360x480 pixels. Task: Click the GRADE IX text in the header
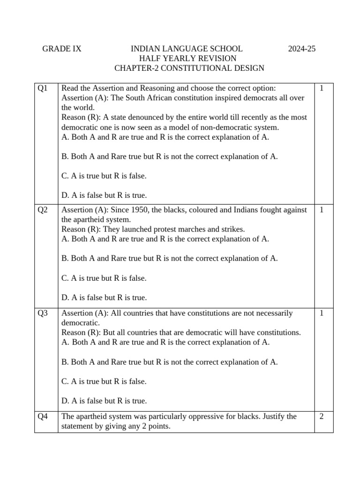61,49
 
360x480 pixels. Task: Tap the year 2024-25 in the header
301,49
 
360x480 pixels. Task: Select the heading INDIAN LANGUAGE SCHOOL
186,49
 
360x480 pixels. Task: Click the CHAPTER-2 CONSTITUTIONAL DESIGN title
189,68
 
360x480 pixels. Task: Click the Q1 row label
43,88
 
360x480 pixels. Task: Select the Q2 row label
43,210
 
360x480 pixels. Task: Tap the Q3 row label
43,313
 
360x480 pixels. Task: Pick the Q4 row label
43,416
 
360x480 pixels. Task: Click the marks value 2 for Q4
322,416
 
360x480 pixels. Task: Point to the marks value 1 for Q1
322,88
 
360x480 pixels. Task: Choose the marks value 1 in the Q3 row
322,313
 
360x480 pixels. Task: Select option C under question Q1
104,176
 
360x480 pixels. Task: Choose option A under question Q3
165,342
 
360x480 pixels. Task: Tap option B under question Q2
170,258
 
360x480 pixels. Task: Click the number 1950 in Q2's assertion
140,210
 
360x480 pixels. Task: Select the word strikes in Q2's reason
233,229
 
